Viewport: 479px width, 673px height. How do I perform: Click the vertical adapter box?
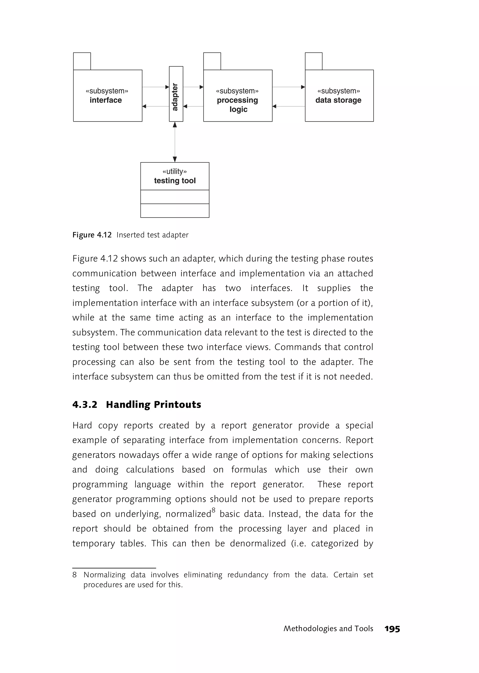tap(176, 94)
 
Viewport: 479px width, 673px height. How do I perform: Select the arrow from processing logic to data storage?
tap(288, 87)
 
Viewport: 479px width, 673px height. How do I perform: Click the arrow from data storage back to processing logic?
tap(288, 106)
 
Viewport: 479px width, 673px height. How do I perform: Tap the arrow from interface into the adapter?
tap(156, 87)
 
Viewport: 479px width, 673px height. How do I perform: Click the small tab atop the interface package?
tap(82, 61)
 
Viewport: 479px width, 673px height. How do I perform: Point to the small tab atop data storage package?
tap(314, 61)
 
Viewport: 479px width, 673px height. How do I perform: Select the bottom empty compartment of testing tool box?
tap(175, 210)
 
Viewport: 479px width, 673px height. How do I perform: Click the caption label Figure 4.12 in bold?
tap(92, 235)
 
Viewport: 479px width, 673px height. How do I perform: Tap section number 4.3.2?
tap(85, 405)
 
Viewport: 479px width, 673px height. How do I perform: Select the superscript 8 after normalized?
tap(213, 510)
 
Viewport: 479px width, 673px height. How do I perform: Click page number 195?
tap(392, 629)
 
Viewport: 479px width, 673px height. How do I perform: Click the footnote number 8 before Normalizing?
tap(75, 575)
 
